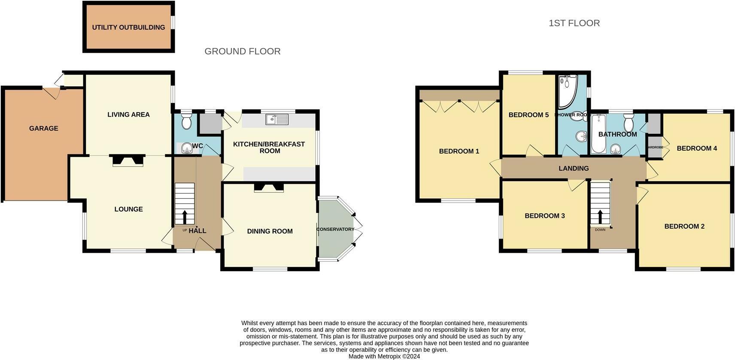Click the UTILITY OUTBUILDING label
(x=128, y=27)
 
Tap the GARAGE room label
(x=43, y=128)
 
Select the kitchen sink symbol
(x=276, y=119)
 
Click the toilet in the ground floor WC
(x=187, y=121)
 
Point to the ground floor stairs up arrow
(x=185, y=217)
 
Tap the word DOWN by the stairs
(x=600, y=230)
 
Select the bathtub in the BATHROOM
(x=598, y=134)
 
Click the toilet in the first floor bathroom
(x=629, y=124)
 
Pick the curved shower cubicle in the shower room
(x=568, y=91)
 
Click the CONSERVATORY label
(x=335, y=229)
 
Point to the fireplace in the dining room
(x=269, y=187)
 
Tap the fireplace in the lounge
(x=128, y=160)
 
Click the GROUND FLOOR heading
(x=242, y=51)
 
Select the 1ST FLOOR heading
(x=574, y=23)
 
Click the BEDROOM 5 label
(x=528, y=115)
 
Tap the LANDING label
(x=574, y=169)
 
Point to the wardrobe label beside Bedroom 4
(x=655, y=147)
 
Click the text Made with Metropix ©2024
(x=384, y=356)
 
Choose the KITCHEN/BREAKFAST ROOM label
(x=269, y=147)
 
